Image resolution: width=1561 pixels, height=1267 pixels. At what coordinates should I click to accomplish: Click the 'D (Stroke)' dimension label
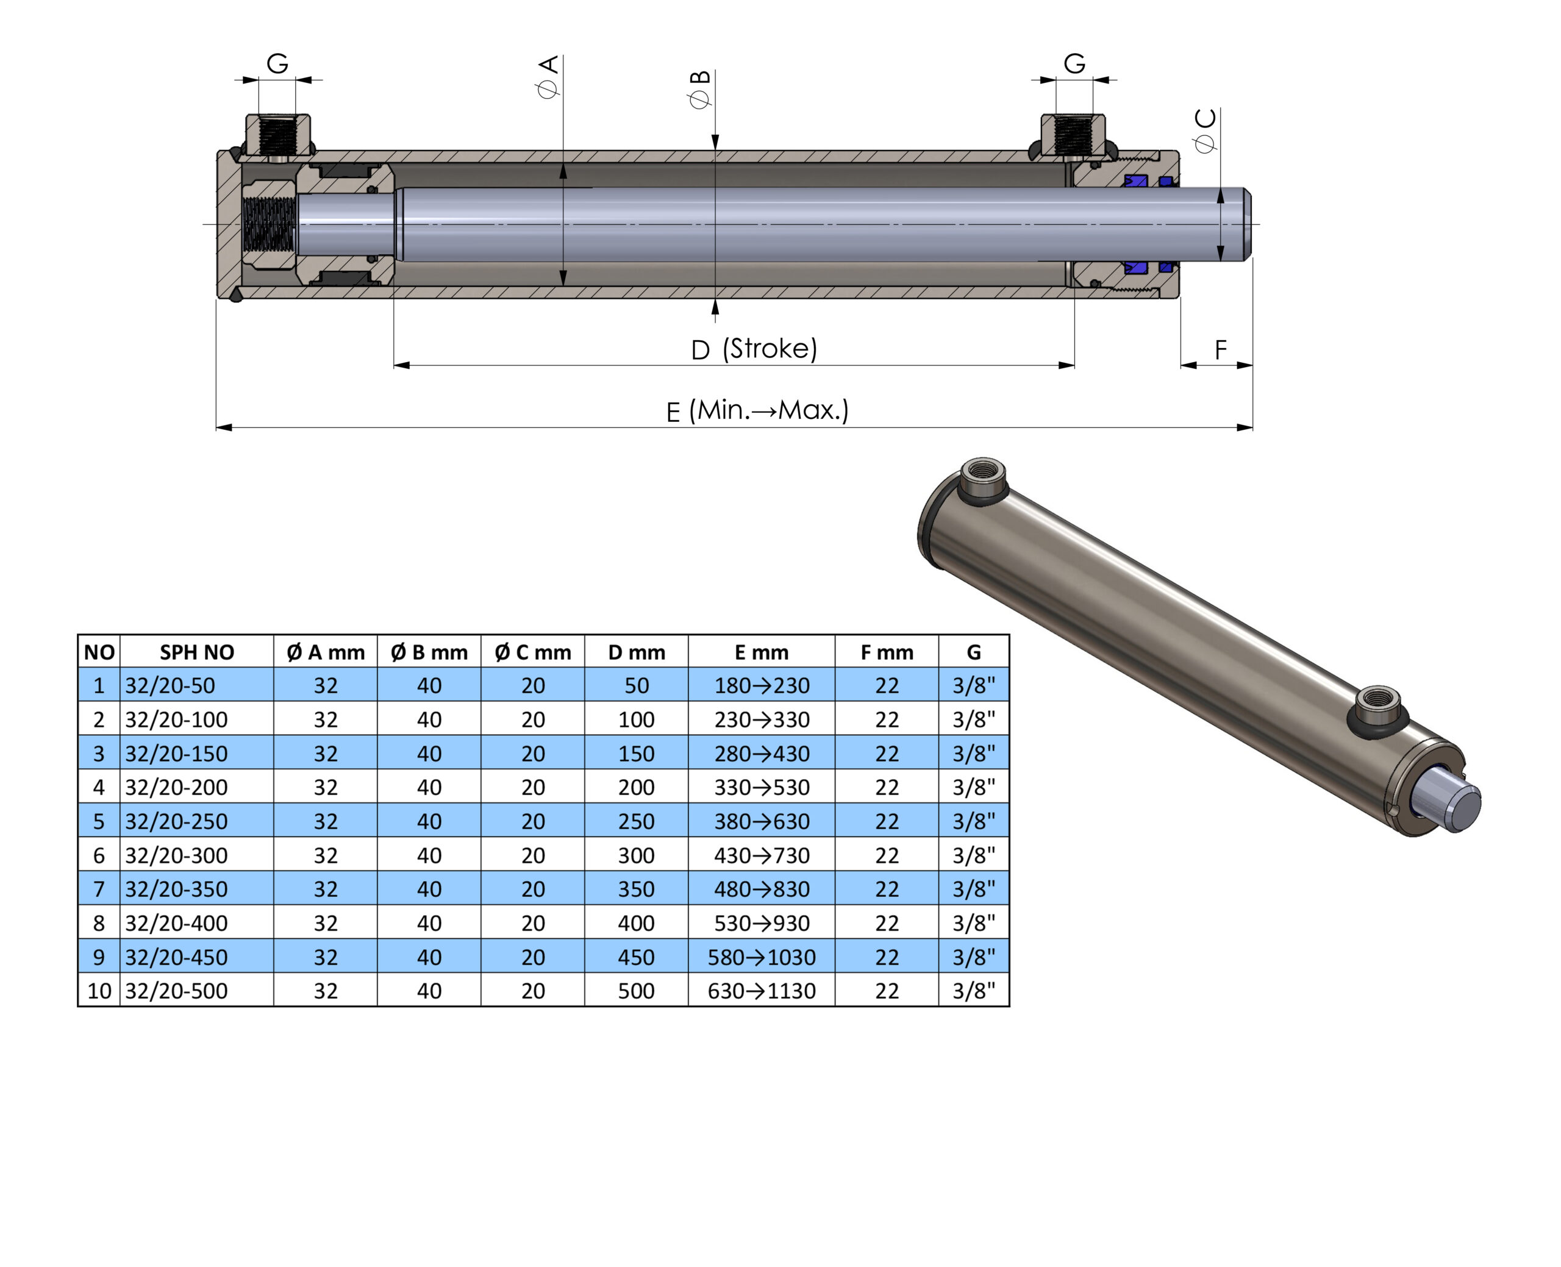(754, 349)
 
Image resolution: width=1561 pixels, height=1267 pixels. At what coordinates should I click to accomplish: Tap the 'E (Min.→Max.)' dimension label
(757, 410)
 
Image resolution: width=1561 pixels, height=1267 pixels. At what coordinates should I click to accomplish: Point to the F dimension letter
(1220, 351)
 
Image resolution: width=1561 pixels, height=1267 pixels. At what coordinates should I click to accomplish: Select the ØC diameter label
(1206, 130)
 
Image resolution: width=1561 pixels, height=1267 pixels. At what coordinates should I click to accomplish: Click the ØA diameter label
(548, 77)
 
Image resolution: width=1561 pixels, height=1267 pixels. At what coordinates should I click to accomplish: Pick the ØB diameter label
(700, 90)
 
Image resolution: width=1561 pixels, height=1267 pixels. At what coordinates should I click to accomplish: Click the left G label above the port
(277, 63)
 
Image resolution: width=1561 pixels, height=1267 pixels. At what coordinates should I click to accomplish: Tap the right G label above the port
(1074, 63)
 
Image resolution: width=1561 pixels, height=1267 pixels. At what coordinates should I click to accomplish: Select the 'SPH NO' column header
(197, 652)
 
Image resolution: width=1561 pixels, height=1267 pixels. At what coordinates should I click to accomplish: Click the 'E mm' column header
(761, 652)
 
